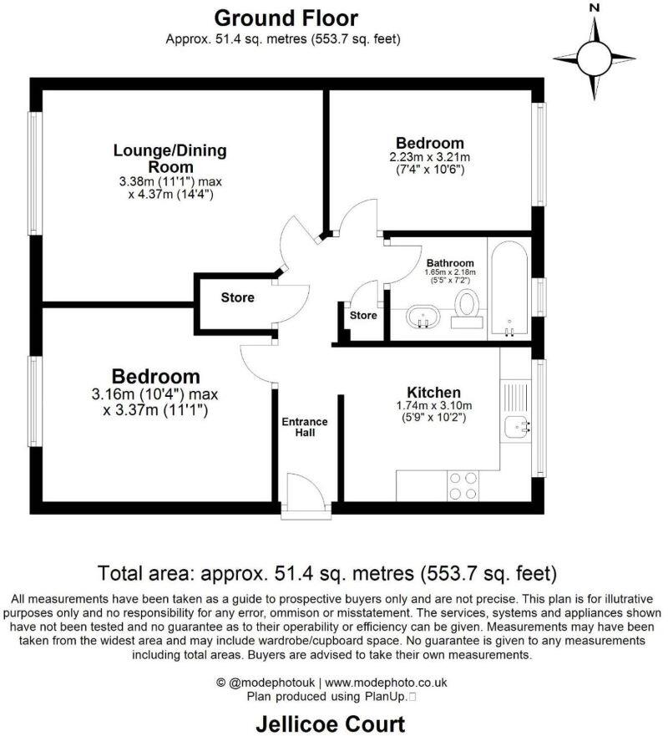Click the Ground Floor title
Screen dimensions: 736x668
click(286, 18)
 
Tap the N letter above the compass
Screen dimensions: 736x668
click(595, 8)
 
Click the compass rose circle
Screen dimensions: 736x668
click(595, 58)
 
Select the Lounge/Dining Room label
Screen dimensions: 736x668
click(170, 159)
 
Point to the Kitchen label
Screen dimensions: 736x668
click(433, 393)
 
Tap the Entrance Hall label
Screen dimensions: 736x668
click(304, 427)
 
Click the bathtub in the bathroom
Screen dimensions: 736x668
click(509, 289)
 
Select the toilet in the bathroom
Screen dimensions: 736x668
click(466, 307)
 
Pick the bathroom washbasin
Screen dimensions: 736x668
click(424, 318)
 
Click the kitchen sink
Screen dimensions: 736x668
click(518, 428)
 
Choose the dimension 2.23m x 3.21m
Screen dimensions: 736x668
click(430, 157)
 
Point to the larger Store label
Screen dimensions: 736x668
click(237, 297)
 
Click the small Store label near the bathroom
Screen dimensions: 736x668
click(362, 316)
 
